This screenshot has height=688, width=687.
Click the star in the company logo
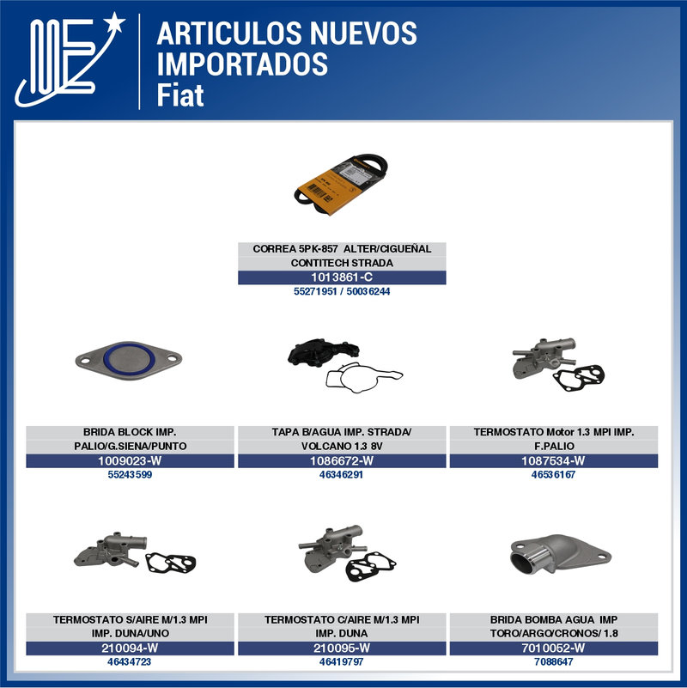[115, 22]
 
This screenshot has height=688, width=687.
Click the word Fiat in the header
[180, 95]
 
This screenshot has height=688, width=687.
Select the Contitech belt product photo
[341, 185]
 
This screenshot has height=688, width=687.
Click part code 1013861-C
[342, 277]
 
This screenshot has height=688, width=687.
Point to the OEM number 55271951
[315, 291]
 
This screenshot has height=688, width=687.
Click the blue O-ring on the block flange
[129, 361]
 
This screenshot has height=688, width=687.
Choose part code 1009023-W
[130, 460]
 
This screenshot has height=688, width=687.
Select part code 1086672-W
[342, 460]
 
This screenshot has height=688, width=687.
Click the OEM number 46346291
[341, 474]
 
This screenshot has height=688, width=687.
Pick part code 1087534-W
[553, 460]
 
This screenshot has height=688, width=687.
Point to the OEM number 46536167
[553, 474]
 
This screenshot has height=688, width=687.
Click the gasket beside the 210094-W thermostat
[171, 563]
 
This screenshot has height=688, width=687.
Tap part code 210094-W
[130, 648]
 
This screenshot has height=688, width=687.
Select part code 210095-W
[342, 648]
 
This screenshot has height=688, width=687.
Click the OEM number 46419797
[341, 661]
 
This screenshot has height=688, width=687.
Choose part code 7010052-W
[553, 648]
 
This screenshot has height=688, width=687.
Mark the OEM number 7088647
[554, 661]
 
